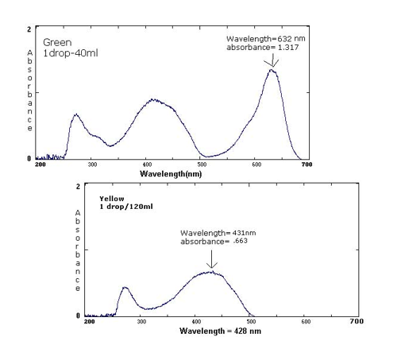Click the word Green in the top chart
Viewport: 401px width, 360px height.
click(x=56, y=42)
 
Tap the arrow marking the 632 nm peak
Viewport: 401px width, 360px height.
click(x=272, y=60)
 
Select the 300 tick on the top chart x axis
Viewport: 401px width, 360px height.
click(x=93, y=165)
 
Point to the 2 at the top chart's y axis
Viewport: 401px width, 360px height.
click(x=29, y=29)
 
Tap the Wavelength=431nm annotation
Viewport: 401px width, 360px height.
click(x=210, y=233)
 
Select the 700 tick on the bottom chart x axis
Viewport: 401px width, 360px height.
click(x=357, y=322)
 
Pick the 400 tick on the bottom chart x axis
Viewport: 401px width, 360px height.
click(x=197, y=322)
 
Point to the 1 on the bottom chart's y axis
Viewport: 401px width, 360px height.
click(x=78, y=251)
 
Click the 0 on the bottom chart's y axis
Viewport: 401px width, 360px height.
click(x=78, y=315)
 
